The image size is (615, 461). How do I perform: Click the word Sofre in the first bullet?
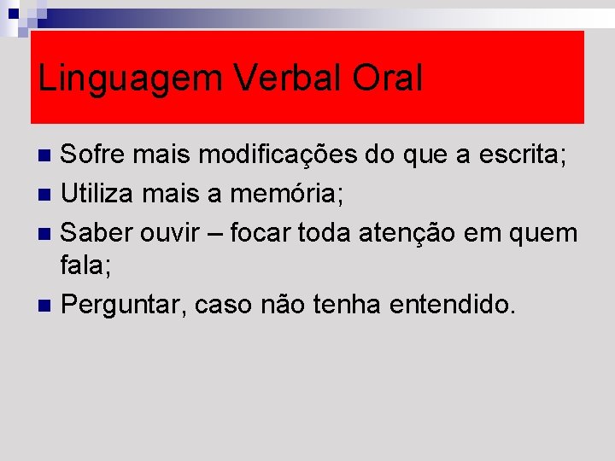[x=94, y=156]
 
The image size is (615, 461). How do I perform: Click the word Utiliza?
[x=101, y=194]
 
